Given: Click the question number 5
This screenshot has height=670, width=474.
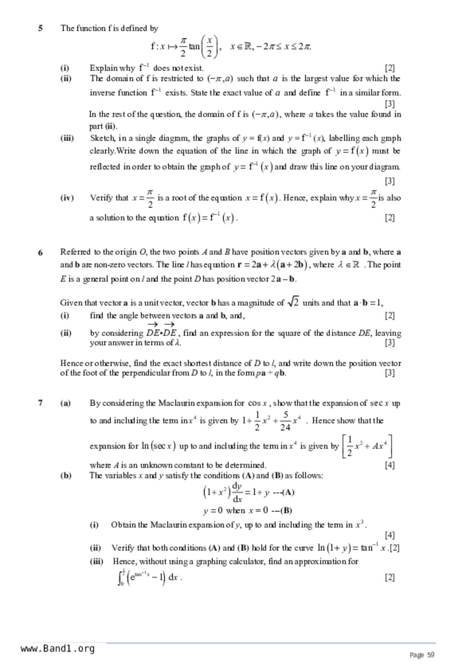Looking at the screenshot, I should tap(40, 28).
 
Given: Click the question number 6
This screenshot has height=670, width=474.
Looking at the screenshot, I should tap(40, 252).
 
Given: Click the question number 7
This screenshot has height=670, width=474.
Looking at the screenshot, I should tap(40, 403).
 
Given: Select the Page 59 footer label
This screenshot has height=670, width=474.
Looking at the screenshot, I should tap(422, 655).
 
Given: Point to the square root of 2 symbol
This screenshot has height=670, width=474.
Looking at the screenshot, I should tap(293, 303).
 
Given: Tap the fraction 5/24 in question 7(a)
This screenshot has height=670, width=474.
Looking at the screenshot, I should tap(285, 421).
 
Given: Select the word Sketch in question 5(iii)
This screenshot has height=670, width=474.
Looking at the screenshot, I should tap(102, 138).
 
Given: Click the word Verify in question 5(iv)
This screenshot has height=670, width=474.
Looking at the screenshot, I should tap(101, 198).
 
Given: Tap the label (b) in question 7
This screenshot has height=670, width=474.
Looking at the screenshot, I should tap(65, 476).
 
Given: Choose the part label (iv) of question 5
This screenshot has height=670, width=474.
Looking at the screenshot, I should tap(67, 198).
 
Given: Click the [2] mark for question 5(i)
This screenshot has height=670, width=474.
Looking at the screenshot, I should tap(389, 68).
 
